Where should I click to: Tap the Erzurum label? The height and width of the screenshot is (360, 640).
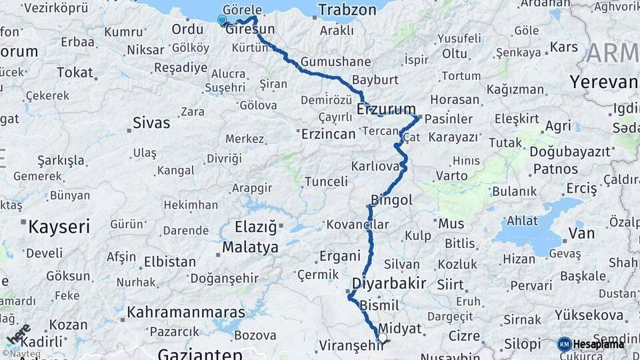[x=386, y=109]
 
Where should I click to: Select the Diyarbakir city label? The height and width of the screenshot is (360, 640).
[x=394, y=283]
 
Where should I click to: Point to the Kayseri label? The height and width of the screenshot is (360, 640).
[x=59, y=227]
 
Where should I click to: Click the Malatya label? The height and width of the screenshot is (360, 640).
[x=250, y=247]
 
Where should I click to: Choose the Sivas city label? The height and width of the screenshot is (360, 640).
[x=151, y=123]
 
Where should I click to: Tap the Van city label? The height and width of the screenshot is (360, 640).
[x=581, y=233]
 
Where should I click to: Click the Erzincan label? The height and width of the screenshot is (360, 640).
[x=328, y=134]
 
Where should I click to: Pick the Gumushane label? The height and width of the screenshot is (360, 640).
[x=335, y=61]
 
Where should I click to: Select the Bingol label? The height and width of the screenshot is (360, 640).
[x=391, y=200]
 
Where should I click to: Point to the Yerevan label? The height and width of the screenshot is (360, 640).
[x=604, y=81]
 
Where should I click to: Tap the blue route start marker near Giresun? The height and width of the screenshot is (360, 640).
[x=222, y=20]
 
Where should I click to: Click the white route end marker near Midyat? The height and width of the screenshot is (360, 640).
[x=382, y=339]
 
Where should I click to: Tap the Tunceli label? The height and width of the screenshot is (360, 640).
[x=326, y=181]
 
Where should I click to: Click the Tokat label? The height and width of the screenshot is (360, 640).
[x=75, y=72]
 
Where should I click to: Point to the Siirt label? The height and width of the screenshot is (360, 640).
[x=450, y=285]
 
